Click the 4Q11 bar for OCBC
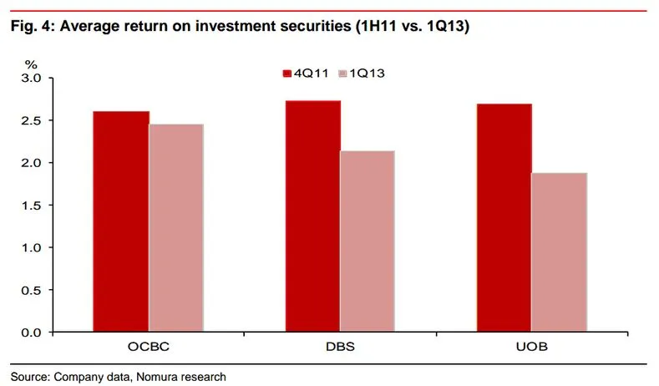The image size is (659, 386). tap(121, 221)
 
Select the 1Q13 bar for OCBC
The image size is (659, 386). tap(176, 228)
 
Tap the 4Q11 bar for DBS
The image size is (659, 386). tap(312, 216)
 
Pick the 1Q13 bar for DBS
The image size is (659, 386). tap(368, 241)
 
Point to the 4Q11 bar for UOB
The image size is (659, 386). tap(504, 218)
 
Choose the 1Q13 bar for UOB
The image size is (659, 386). tap(559, 252)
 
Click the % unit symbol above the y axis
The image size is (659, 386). tap(31, 63)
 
